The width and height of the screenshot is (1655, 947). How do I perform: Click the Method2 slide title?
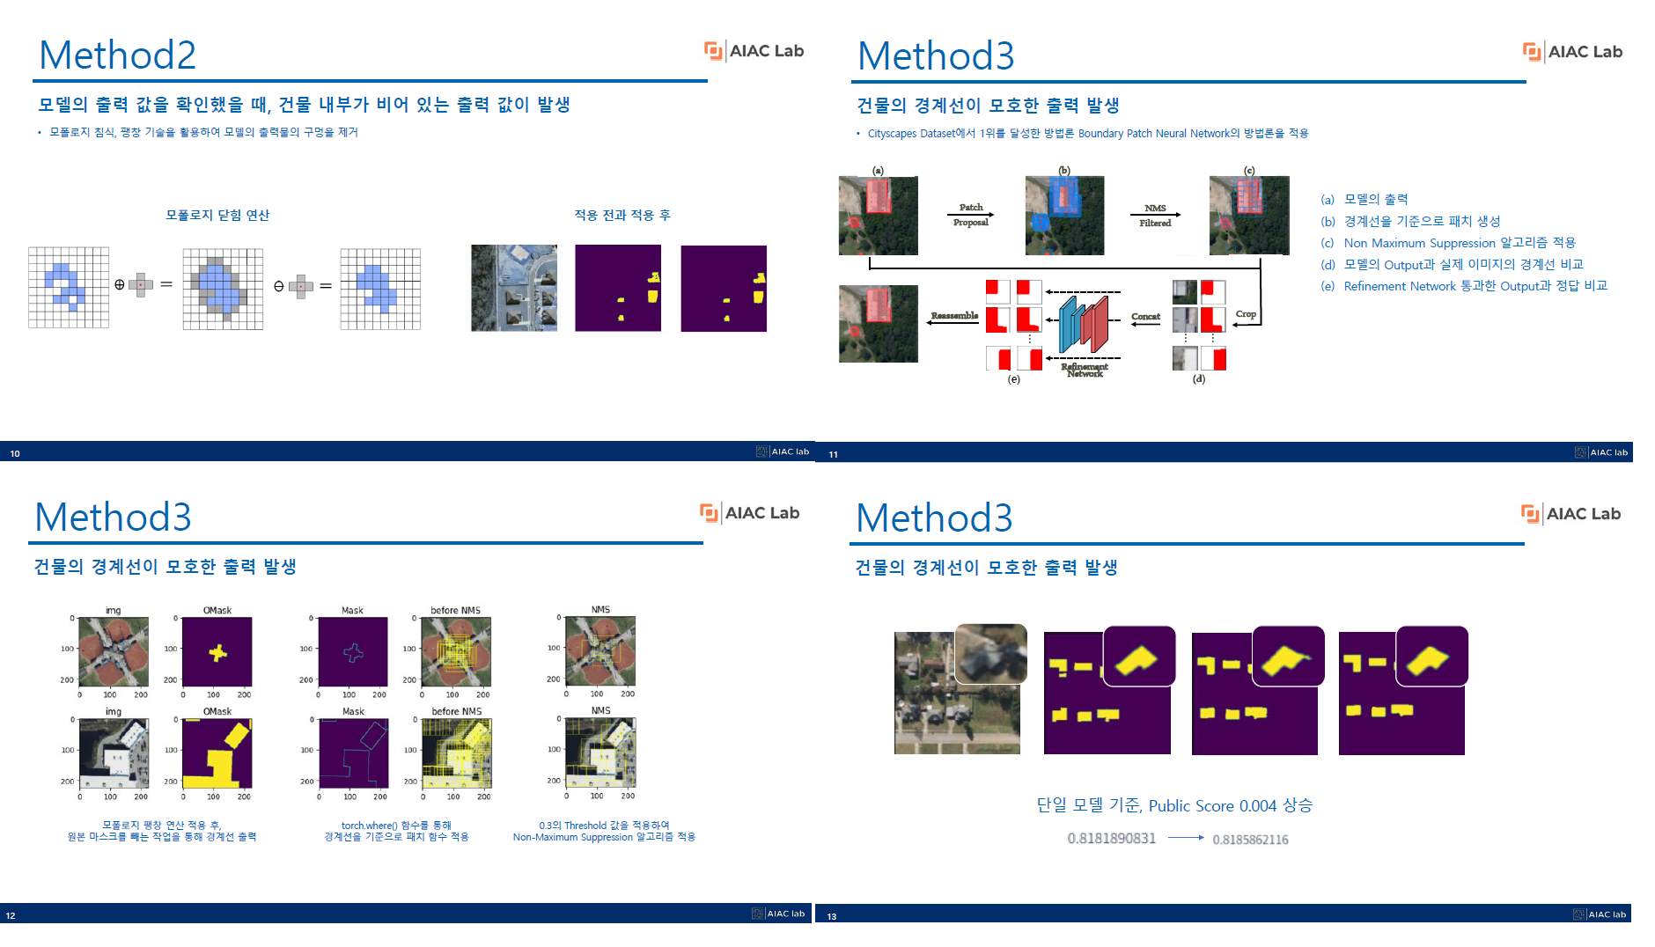(x=117, y=55)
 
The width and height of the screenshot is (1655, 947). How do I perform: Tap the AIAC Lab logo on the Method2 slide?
(x=754, y=51)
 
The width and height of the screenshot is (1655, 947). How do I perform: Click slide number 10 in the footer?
(x=15, y=454)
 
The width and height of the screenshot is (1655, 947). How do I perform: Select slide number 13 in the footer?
(x=832, y=916)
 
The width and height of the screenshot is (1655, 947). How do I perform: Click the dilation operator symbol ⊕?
(x=120, y=285)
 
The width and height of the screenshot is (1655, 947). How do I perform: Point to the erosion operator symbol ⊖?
(x=279, y=286)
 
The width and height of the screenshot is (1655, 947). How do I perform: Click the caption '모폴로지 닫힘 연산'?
(x=217, y=216)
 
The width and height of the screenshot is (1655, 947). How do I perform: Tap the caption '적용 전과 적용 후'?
(x=622, y=216)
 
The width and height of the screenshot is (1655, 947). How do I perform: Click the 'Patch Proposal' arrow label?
(x=970, y=215)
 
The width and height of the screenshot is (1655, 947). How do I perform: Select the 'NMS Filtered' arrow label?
(x=1155, y=216)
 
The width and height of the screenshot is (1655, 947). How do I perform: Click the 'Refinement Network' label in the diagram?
(x=1085, y=370)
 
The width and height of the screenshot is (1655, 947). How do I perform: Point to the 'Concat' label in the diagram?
(x=1145, y=317)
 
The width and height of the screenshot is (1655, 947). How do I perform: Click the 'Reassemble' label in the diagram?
(x=954, y=315)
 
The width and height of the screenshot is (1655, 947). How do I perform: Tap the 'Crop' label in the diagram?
(x=1246, y=314)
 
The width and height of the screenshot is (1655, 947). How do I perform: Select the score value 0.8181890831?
(x=1111, y=839)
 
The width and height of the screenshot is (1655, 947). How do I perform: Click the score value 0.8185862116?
(x=1250, y=840)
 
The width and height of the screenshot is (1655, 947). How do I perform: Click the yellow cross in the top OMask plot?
(x=217, y=653)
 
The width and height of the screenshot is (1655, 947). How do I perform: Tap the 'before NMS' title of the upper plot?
(x=455, y=610)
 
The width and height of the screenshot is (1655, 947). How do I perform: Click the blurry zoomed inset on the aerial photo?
(x=991, y=654)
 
